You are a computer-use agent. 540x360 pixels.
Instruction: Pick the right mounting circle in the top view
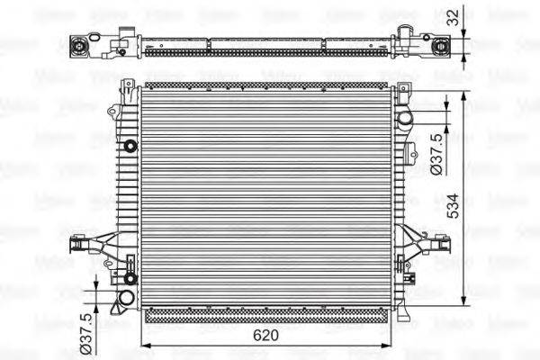click(x=442, y=48)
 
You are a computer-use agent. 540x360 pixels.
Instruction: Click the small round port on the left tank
click(x=130, y=146)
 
